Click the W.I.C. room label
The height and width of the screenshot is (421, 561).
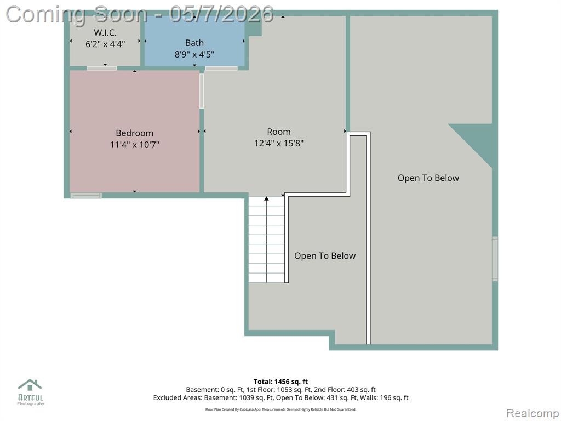(105, 32)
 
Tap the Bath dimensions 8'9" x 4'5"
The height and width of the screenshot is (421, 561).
(194, 54)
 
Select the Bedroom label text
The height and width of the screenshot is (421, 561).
(135, 133)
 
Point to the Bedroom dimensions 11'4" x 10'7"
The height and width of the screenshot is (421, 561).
(135, 145)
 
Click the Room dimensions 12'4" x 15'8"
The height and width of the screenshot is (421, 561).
(279, 143)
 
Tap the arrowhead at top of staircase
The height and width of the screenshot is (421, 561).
(266, 198)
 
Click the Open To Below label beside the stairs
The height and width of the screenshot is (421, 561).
(325, 256)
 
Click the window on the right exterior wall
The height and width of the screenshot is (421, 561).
(495, 259)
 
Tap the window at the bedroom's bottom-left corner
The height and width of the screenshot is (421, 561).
(86, 196)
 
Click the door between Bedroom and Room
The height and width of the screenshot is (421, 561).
(202, 91)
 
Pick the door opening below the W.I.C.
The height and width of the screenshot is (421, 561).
(101, 68)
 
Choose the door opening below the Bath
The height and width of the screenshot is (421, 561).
(221, 68)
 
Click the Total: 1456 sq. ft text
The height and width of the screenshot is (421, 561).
(280, 382)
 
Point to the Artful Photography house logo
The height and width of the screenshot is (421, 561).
(30, 385)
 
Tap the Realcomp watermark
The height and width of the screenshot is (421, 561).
(532, 413)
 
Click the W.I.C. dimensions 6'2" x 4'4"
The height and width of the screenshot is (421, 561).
(105, 44)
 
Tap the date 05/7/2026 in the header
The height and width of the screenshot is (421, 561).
(221, 14)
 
